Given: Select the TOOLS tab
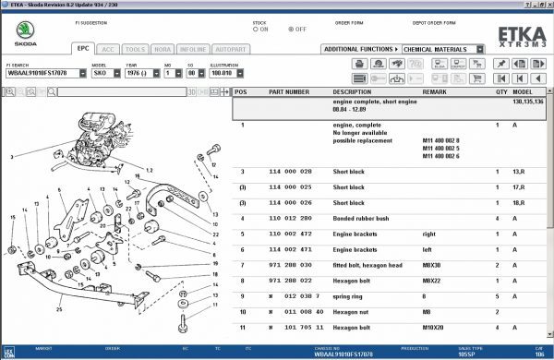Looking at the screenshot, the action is click(135, 48).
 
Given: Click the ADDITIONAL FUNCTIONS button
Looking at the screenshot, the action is click(361, 49).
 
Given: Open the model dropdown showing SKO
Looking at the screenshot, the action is click(102, 72).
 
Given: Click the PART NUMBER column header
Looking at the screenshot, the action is click(289, 92).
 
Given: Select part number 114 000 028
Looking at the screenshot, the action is click(289, 172).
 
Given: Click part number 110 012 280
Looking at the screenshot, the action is click(289, 219).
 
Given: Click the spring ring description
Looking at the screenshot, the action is click(350, 296).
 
